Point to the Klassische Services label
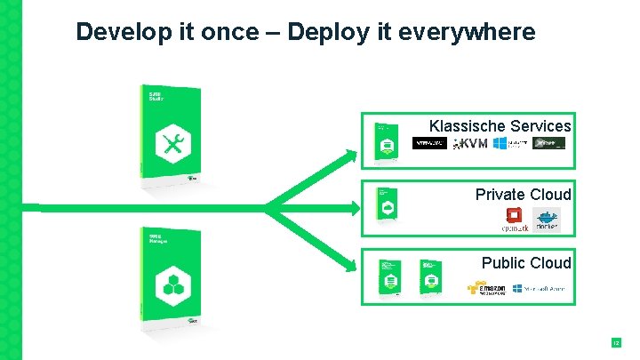[500, 126]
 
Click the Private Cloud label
[523, 194]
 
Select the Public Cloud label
[526, 262]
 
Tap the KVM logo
[470, 144]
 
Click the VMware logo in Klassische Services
[430, 143]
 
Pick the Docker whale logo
[546, 219]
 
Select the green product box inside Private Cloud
[387, 206]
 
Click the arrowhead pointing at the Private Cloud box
[354, 208]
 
